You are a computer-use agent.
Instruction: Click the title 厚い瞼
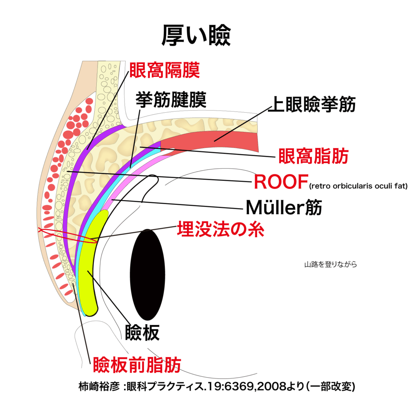[x=196, y=36]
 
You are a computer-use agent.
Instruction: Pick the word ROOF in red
[x=280, y=182]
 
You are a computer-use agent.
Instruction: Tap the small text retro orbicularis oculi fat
[x=358, y=187]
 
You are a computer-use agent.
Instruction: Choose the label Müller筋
[x=284, y=208]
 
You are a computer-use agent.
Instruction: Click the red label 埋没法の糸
[x=220, y=229]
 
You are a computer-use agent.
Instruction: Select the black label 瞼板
[x=142, y=333]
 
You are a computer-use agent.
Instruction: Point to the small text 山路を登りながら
[x=330, y=264]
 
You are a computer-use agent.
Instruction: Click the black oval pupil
[x=147, y=274]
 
